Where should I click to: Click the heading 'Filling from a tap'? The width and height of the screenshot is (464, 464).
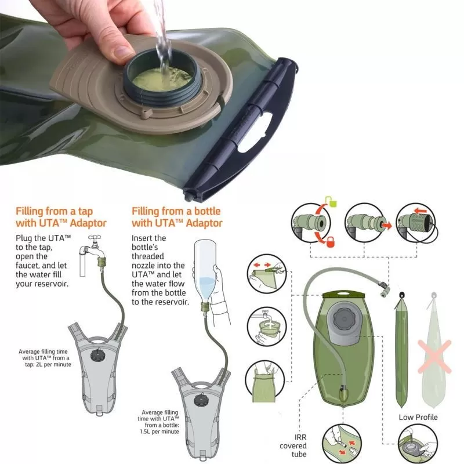pyautogui.click(x=54, y=211)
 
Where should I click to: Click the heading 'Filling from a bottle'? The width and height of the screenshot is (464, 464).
pyautogui.click(x=176, y=211)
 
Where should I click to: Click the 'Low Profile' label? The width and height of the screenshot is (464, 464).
pyautogui.click(x=418, y=417)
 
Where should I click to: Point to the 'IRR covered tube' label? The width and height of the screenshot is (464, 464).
pyautogui.click(x=293, y=445)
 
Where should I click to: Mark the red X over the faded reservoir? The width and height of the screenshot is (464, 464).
pyautogui.click(x=434, y=357)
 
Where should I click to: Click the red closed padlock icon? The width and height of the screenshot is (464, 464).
pyautogui.click(x=330, y=242)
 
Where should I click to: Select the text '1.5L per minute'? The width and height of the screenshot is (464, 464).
pyautogui.click(x=159, y=432)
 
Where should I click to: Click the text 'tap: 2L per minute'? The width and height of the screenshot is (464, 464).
pyautogui.click(x=48, y=364)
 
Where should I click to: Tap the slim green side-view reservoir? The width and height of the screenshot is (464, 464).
pyautogui.click(x=401, y=351)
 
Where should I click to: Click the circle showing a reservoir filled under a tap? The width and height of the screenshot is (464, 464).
pyautogui.click(x=267, y=327)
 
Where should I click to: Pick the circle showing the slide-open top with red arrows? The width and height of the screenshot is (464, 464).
pyautogui.click(x=267, y=274)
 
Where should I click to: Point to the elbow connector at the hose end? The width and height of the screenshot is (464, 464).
pyautogui.click(x=385, y=289)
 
